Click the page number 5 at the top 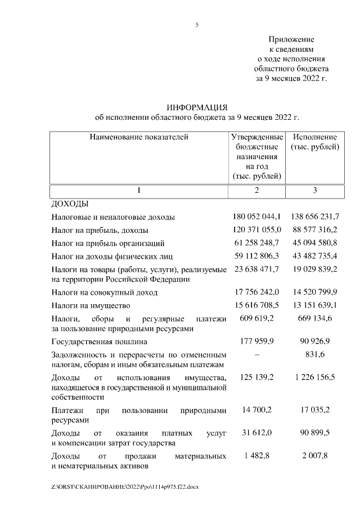[x=197, y=25]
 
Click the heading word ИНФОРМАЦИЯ [x=197, y=107]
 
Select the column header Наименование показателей [x=139, y=137]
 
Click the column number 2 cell [x=256, y=191]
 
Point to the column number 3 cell [x=315, y=191]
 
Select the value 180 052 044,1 [x=256, y=217]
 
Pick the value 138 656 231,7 [x=315, y=217]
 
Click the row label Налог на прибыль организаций [x=108, y=244]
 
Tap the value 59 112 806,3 [x=256, y=256]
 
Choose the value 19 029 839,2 [x=315, y=269]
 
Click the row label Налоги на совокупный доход [x=105, y=292]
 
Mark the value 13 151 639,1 [x=315, y=305]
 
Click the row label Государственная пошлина [x=100, y=341]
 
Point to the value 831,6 [x=315, y=354]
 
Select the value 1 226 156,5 [x=315, y=377]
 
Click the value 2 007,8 [x=315, y=456]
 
